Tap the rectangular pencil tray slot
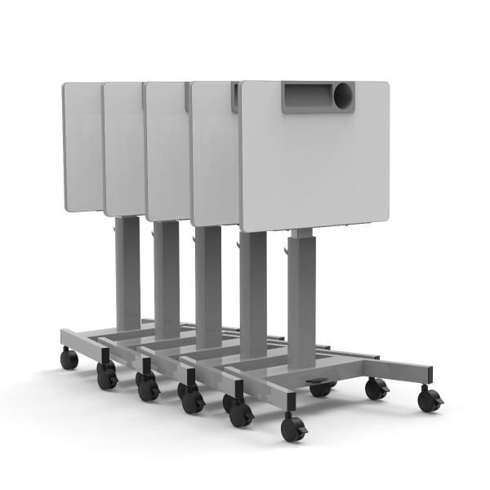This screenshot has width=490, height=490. click(x=309, y=96)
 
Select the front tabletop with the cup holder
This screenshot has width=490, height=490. click(x=314, y=163)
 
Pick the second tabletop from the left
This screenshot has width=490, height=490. click(x=123, y=147)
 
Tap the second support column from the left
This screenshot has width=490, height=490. click(x=167, y=278)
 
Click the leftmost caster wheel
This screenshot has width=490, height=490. click(x=69, y=358)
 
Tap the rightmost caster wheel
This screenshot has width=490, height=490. click(x=430, y=399)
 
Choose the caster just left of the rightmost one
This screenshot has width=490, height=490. click(x=376, y=389)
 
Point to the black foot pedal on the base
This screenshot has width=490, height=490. click(x=319, y=381)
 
